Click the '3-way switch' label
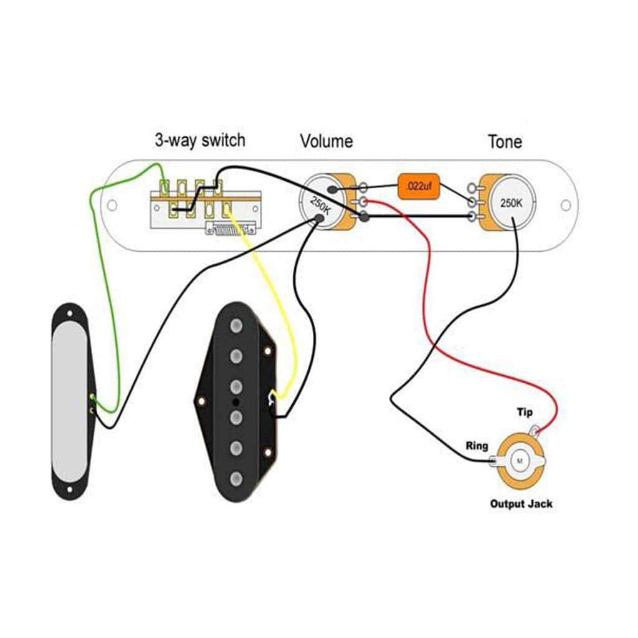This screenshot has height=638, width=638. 199,140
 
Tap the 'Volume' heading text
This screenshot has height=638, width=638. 326,141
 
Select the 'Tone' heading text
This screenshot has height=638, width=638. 505,142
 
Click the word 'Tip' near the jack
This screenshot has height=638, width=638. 525,412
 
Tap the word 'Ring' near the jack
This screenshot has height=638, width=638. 477,446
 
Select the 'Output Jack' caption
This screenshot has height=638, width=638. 521,503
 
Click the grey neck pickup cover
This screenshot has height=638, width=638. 70,402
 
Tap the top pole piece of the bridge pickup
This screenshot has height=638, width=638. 236,326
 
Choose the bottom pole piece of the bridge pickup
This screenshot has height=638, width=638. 236,479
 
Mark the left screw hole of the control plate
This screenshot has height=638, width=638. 112,205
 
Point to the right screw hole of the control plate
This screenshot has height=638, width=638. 566,205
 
